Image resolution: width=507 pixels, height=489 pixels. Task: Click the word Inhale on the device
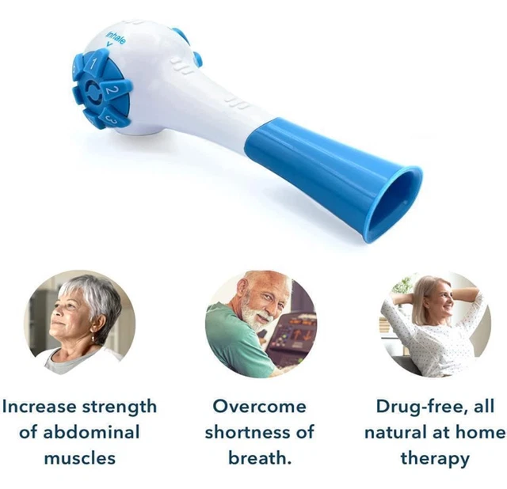[116, 36]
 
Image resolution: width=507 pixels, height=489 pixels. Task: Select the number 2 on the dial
[112, 91]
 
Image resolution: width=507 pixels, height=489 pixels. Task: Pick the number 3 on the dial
[112, 119]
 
